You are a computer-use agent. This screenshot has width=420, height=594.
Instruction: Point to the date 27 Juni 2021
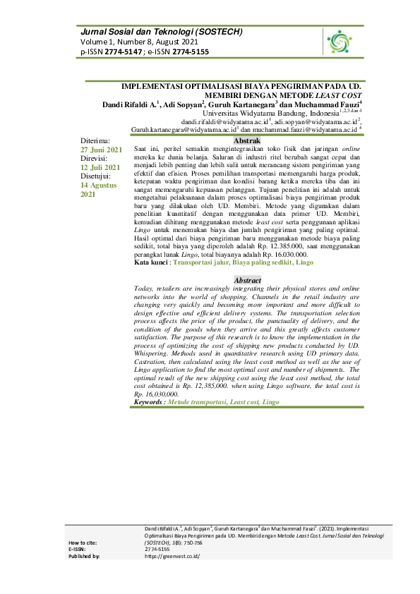click(102, 150)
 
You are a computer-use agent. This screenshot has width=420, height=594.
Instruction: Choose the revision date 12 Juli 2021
click(100, 167)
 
